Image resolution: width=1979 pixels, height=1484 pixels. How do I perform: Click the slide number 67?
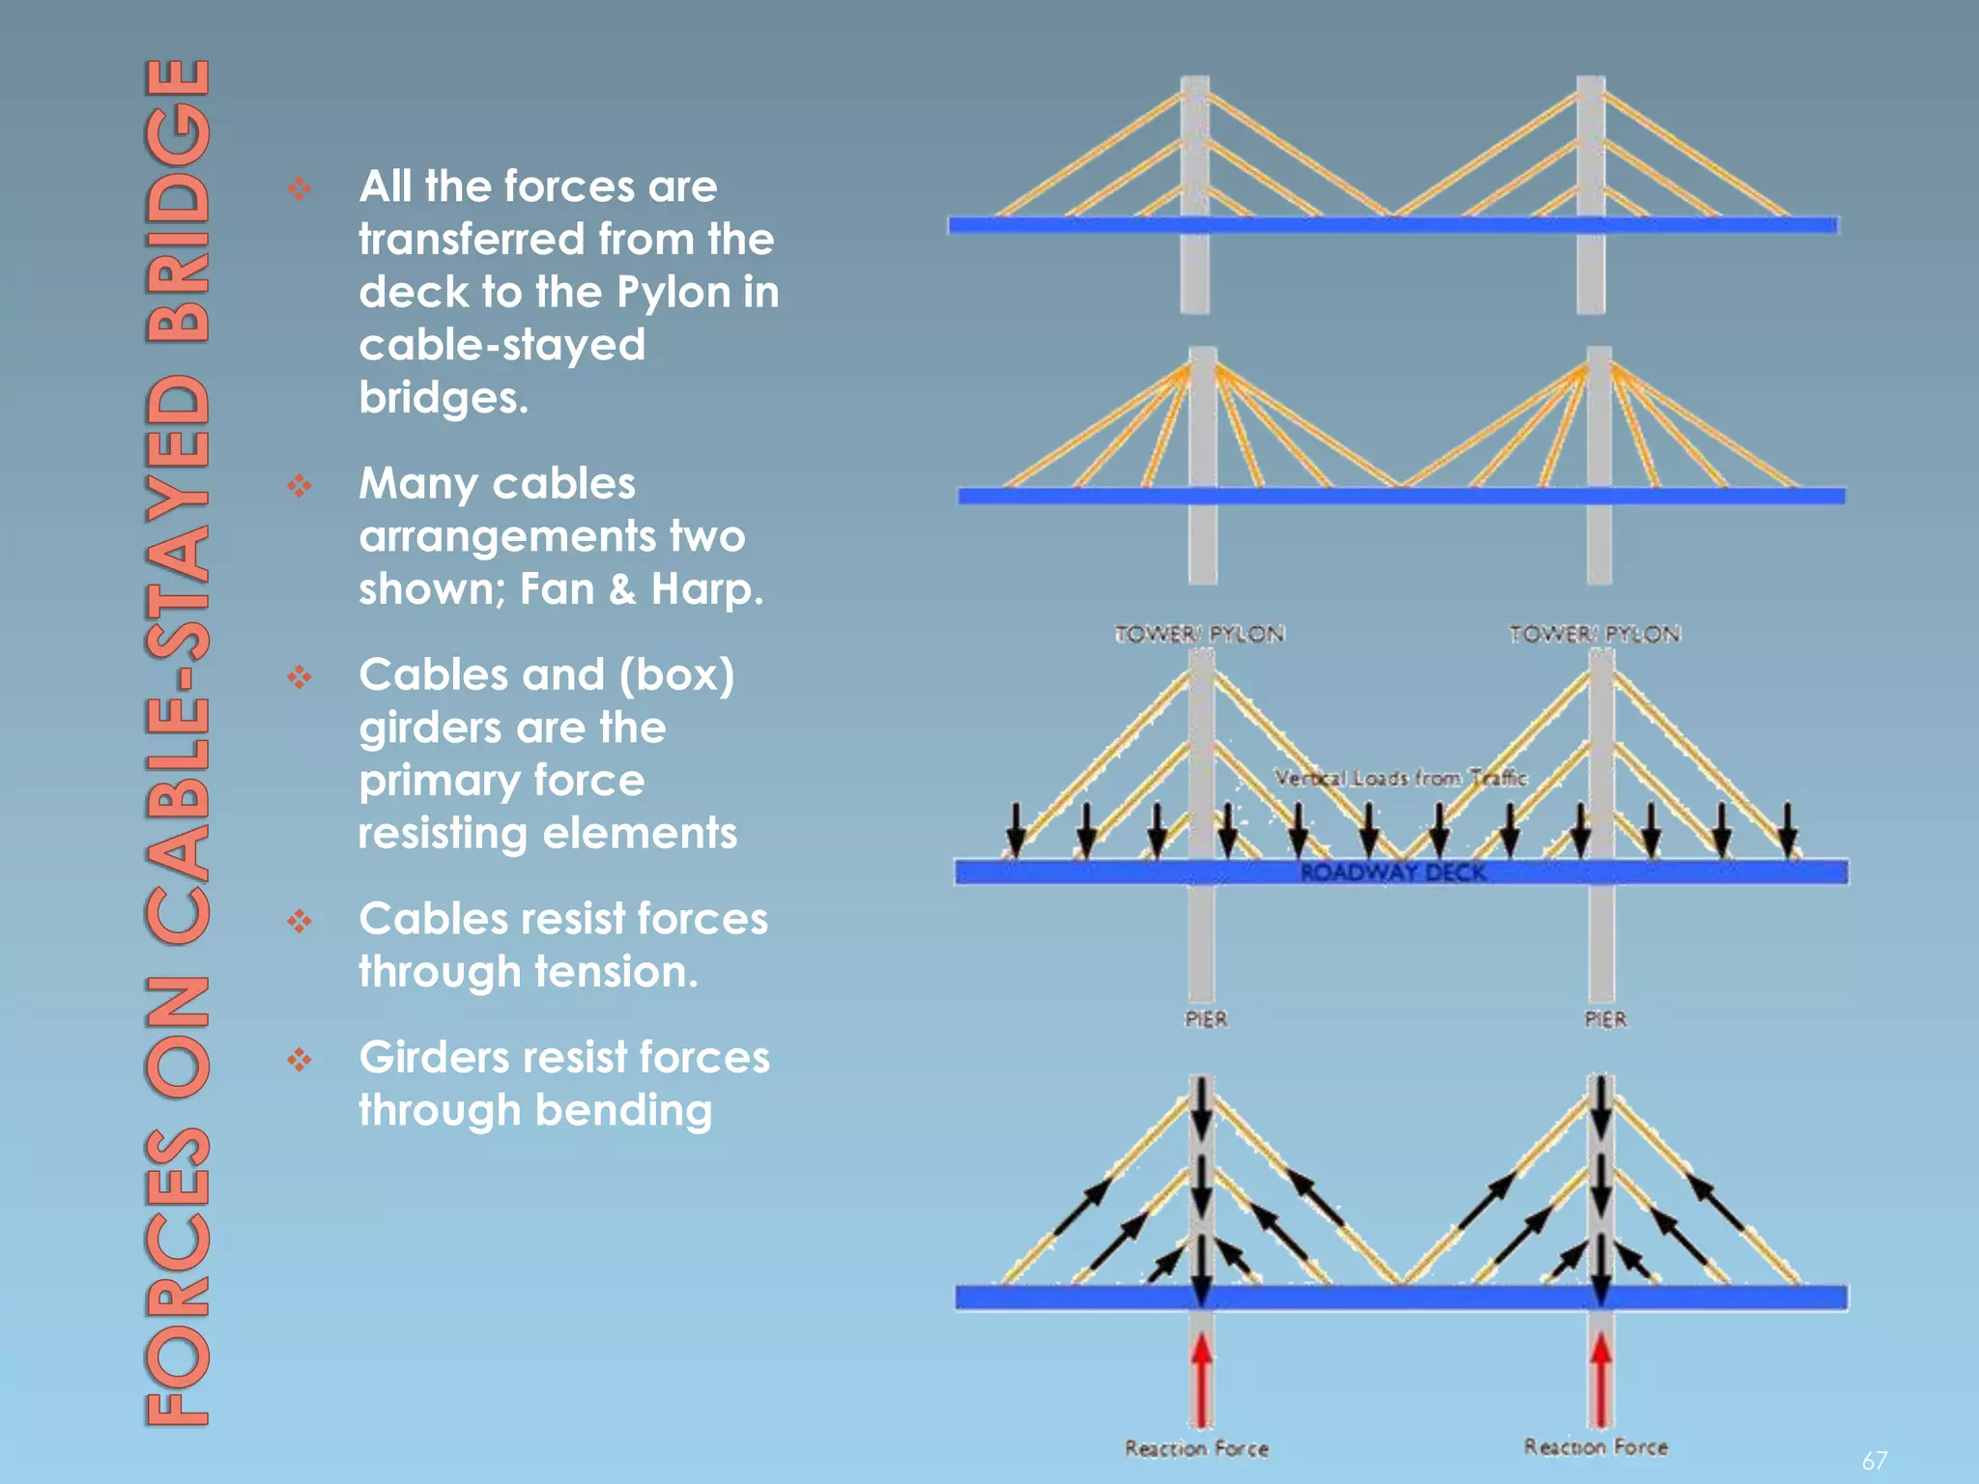1875,1460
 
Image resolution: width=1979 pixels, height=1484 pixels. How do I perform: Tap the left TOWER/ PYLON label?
1199,634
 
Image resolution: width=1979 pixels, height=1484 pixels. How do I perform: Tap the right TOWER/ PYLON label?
1594,634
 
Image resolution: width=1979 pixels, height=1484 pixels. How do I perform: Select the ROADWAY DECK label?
1392,872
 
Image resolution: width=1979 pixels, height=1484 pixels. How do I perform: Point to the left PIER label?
1206,1019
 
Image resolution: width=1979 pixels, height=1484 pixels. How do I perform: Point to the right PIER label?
1605,1019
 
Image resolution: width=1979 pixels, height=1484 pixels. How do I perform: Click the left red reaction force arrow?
1201,1377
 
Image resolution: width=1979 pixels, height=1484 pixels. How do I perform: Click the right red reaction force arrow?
1600,1377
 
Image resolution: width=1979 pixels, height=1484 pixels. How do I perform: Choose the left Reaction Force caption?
1196,1448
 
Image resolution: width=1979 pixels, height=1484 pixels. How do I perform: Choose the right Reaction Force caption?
1595,1446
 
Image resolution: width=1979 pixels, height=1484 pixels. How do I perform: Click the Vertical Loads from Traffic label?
1400,778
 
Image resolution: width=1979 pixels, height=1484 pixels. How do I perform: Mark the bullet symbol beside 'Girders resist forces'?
300,1060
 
